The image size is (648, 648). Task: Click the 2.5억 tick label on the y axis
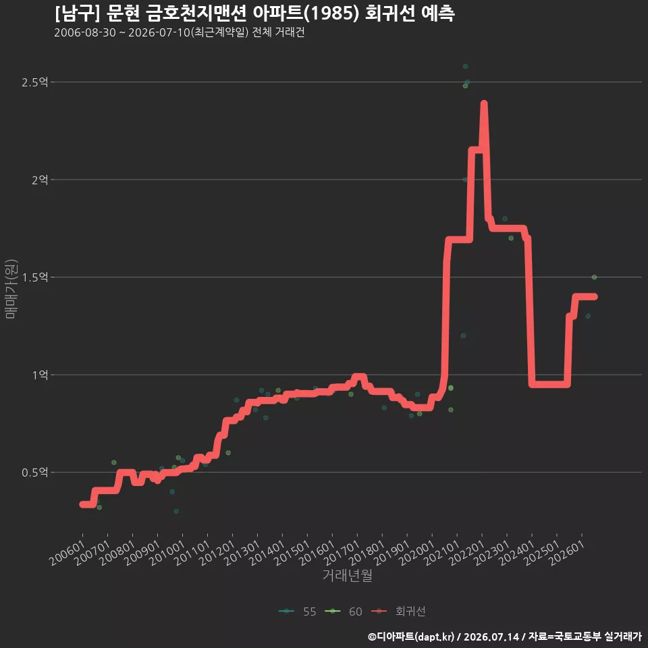34,82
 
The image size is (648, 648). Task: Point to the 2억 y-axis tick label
40,180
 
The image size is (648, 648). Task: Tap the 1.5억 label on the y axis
34,277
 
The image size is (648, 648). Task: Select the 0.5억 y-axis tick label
34,473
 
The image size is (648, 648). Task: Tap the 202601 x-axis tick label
567,553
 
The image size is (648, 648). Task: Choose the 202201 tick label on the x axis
467,553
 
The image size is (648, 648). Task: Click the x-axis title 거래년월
347,575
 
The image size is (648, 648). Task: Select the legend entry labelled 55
298,612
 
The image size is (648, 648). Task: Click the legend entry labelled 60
344,612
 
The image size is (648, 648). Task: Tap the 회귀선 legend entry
398,612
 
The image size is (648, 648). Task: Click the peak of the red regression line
484,103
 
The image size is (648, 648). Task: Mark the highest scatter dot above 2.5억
465,67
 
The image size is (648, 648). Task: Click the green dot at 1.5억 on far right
594,277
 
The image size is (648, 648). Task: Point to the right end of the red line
595,297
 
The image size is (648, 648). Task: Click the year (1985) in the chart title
333,13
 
